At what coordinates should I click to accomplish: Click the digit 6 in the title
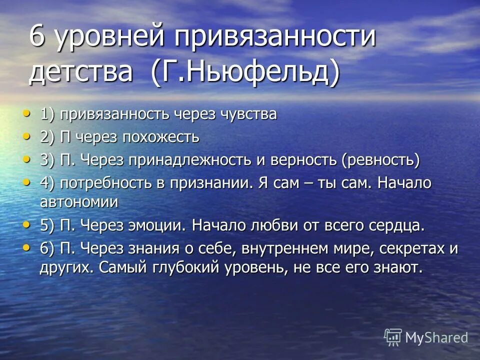tap(36, 38)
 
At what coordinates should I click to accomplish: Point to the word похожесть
tap(160, 137)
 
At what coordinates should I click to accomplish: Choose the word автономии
tap(79, 202)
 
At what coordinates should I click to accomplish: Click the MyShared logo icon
tap(393, 337)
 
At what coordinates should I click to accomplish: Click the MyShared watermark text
tap(436, 337)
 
